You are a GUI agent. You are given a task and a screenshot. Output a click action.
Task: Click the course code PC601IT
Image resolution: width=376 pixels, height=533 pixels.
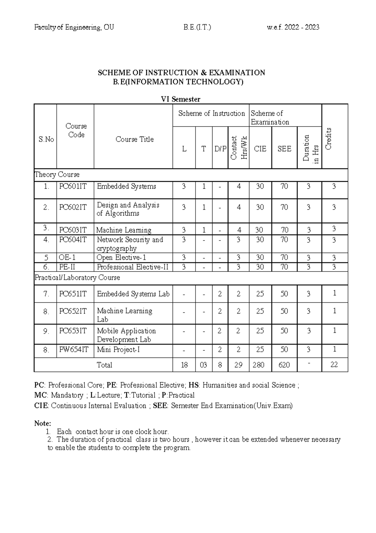[72, 186]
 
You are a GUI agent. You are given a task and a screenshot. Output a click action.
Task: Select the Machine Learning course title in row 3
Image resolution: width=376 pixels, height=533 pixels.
[124, 230]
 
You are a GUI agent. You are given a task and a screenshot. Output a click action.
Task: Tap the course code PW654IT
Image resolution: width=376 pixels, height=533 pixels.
[74, 350]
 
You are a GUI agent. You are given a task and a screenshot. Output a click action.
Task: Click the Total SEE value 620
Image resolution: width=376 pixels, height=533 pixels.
[284, 365]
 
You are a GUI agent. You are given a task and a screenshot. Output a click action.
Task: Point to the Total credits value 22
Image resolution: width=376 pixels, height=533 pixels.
[334, 364]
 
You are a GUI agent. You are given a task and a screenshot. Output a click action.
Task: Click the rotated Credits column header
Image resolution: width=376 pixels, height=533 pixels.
[328, 139]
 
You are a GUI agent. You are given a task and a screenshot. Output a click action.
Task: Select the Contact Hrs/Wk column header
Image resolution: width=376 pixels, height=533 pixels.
[239, 148]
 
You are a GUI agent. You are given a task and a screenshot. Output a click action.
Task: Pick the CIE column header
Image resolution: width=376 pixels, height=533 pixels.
[260, 149]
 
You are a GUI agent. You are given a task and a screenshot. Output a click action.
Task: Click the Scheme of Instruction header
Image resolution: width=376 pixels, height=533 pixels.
[211, 113]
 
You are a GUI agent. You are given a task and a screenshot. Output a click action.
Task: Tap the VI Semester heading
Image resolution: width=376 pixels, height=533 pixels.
[180, 99]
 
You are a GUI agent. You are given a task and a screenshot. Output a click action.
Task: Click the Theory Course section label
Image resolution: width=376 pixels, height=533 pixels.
[57, 175]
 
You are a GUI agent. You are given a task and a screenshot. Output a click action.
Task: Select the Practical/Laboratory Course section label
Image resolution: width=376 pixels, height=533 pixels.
[77, 277]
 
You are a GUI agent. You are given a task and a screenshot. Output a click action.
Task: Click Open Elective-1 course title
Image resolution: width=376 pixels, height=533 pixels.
[122, 258]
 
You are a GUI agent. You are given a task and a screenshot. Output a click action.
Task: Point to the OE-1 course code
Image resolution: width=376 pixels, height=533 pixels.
[67, 258]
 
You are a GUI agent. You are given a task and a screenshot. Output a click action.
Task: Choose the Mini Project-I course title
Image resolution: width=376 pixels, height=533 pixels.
[118, 350]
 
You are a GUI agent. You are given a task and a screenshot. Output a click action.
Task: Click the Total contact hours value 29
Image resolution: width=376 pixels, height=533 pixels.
[238, 365]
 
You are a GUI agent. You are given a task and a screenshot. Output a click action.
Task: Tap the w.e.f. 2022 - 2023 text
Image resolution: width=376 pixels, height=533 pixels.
[293, 27]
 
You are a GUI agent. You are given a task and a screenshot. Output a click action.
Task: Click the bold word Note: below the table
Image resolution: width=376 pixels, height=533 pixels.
[42, 423]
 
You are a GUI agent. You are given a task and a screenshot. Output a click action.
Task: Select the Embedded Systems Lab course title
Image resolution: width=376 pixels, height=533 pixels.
[133, 294]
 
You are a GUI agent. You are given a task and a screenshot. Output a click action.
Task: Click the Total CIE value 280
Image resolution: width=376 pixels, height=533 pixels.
[259, 365]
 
